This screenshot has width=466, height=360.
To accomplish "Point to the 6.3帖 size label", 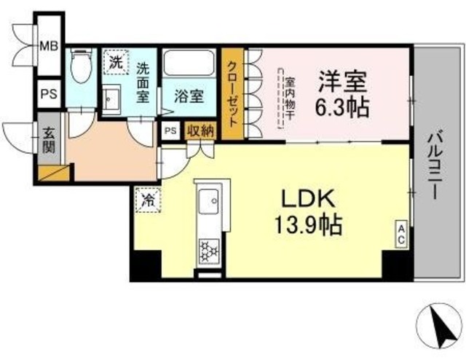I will click(x=342, y=106).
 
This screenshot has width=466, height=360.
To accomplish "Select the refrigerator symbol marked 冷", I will click(x=147, y=198).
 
